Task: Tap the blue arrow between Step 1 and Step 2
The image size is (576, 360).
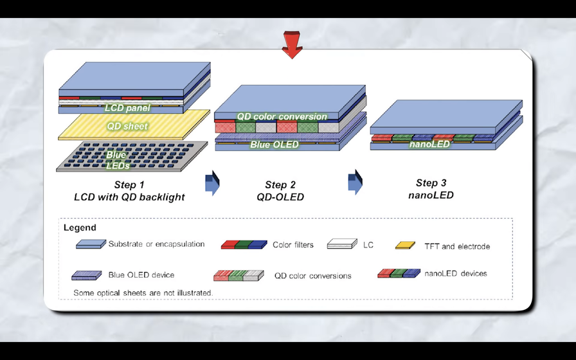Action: pos(212,183)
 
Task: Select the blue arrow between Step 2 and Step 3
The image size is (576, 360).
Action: pos(355,182)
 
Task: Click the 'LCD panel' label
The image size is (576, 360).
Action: pos(127,108)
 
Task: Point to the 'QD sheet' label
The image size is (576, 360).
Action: pos(127,126)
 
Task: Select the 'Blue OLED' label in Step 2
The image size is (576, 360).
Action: pos(274,145)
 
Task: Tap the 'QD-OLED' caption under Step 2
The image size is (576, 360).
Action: pos(284,197)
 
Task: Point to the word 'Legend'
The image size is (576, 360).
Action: pos(80,228)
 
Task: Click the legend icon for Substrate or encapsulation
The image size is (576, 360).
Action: pos(91,244)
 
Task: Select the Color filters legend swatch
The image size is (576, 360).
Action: pos(244,244)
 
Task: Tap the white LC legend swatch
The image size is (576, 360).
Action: pos(341,244)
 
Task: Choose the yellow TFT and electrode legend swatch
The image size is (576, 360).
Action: pos(405,245)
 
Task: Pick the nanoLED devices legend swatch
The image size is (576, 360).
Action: pos(399,273)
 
